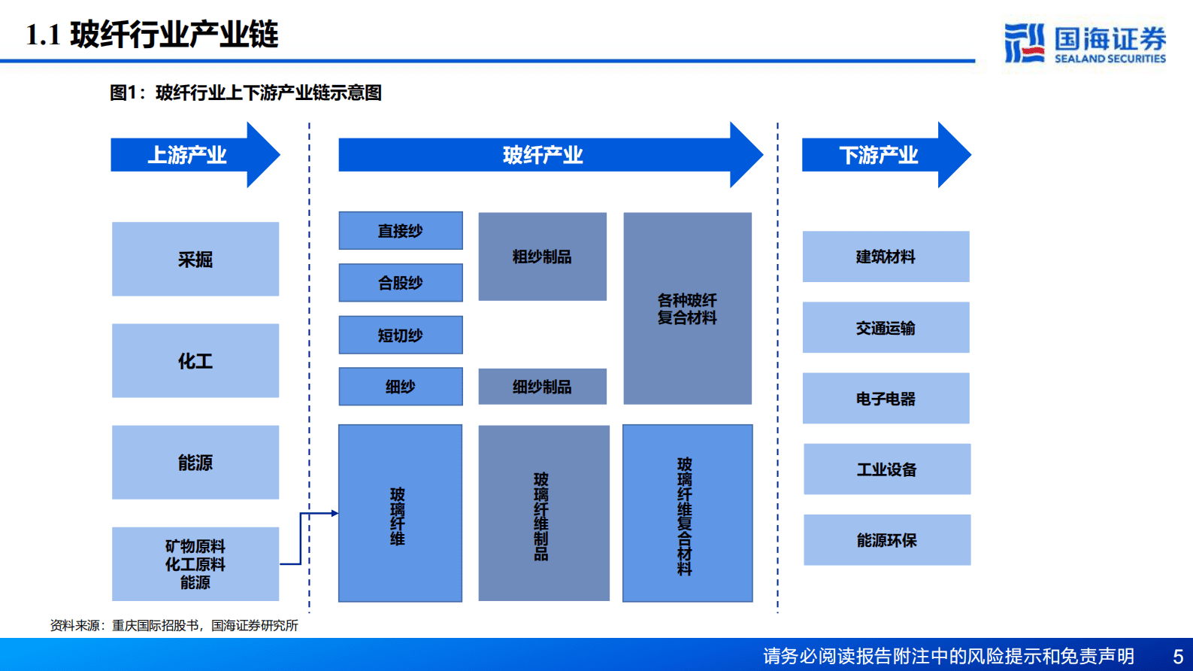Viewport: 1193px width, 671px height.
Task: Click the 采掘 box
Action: (x=195, y=259)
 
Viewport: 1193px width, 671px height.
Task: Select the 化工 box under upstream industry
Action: (x=195, y=360)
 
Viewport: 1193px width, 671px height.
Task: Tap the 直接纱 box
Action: (x=401, y=230)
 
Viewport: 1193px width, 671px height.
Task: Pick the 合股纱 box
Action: (x=401, y=282)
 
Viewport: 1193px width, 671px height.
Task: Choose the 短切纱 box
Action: (x=401, y=335)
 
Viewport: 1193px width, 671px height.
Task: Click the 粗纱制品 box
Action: (x=542, y=257)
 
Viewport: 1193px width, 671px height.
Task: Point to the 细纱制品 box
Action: (x=542, y=387)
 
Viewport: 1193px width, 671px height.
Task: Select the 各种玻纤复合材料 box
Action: (x=687, y=308)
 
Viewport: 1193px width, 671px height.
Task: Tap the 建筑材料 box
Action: (x=886, y=257)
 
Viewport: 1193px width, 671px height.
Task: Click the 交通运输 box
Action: (x=886, y=327)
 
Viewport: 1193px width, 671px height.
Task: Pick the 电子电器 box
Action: (x=886, y=398)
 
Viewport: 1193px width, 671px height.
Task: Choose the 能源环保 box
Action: (x=887, y=539)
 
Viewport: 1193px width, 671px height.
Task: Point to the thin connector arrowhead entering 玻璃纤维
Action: (x=335, y=513)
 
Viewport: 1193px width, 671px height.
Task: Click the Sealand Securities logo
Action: (x=1085, y=43)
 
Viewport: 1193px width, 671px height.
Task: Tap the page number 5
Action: (x=1178, y=656)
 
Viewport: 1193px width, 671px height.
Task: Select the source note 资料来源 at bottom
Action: (x=174, y=625)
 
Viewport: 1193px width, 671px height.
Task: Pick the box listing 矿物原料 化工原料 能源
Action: (x=195, y=563)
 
